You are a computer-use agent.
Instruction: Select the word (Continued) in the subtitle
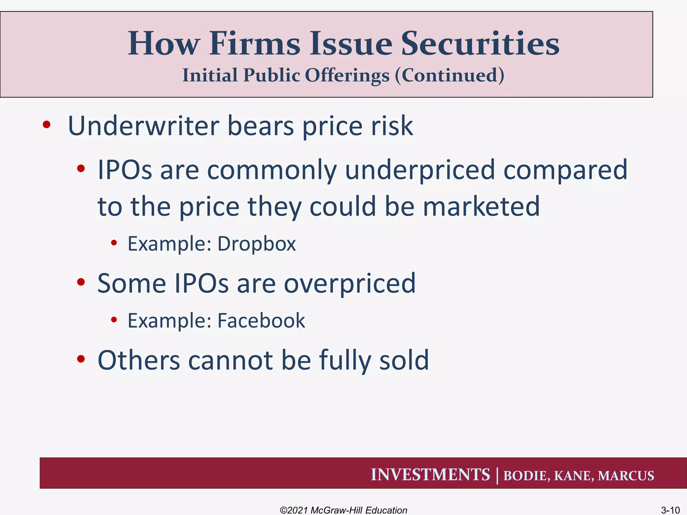449,75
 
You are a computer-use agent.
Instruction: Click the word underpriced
420,170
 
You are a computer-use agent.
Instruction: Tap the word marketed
481,207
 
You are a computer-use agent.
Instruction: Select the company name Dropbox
257,244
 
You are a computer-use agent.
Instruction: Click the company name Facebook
261,321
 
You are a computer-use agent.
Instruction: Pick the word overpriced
350,283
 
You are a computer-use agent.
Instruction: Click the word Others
139,360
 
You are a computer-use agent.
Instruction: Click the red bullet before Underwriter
46,125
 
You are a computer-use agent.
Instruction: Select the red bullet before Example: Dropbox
114,243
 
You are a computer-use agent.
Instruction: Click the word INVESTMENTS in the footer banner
430,475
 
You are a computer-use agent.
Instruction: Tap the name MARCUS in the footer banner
626,476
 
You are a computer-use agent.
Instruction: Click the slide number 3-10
670,510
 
